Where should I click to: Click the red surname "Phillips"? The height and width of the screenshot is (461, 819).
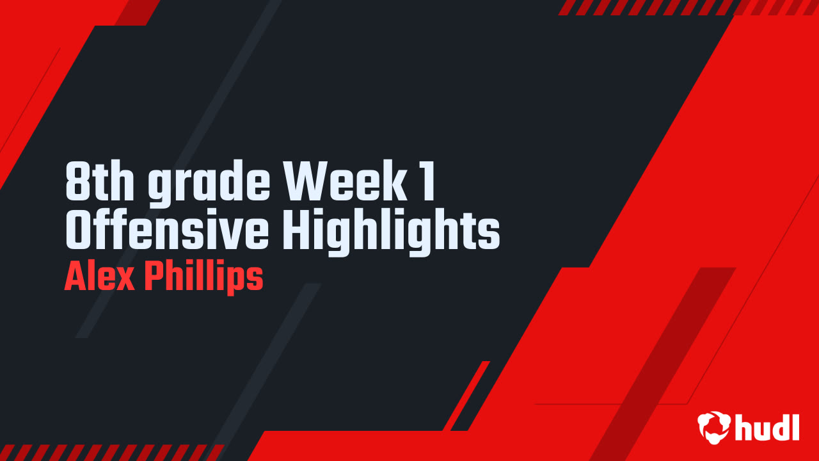pyautogui.click(x=203, y=279)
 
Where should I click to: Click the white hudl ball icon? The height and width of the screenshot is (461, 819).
pyautogui.click(x=714, y=426)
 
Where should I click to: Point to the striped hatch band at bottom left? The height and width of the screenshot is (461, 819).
pyautogui.click(x=109, y=452)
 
